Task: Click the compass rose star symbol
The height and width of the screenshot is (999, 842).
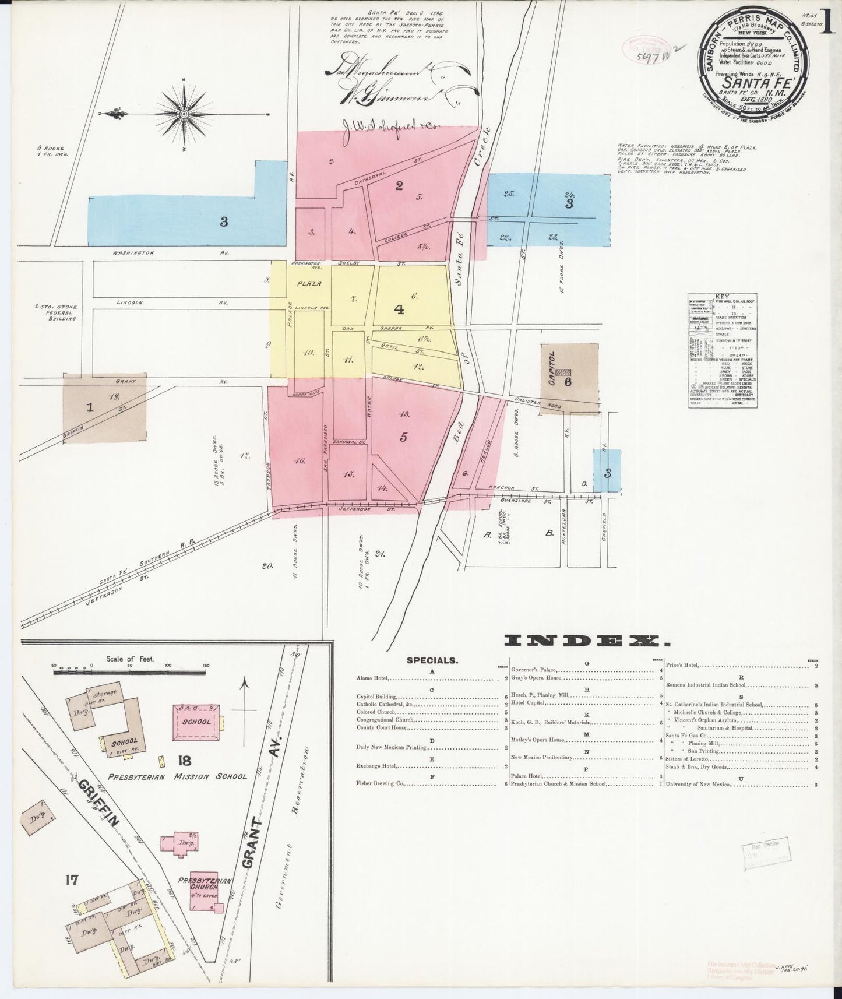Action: tap(184, 114)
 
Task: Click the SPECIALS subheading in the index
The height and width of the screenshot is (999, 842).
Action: tap(432, 661)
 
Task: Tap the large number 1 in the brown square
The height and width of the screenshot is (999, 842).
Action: tap(90, 407)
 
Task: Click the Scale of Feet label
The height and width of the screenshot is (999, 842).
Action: tap(129, 659)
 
